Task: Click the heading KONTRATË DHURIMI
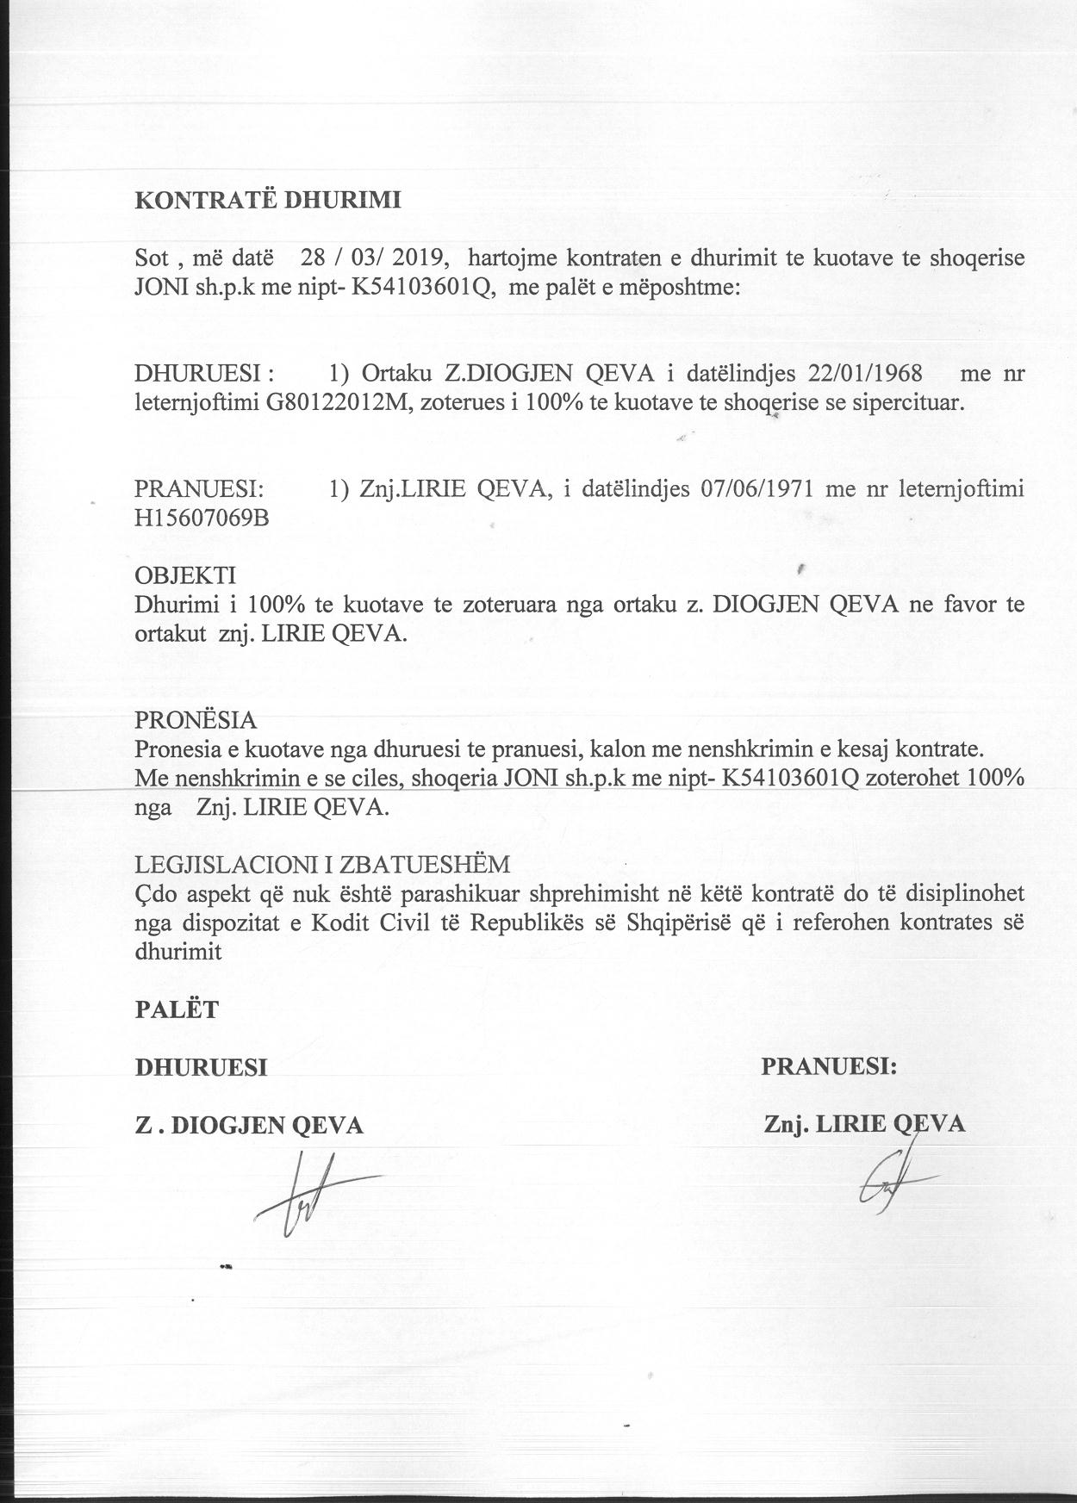[268, 200]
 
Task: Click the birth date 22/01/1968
[864, 374]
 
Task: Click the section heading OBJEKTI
[184, 574]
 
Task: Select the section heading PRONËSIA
[196, 719]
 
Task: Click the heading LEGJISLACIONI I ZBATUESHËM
[322, 864]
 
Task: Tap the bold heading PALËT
[177, 1009]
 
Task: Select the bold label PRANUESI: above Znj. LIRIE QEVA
[829, 1066]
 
